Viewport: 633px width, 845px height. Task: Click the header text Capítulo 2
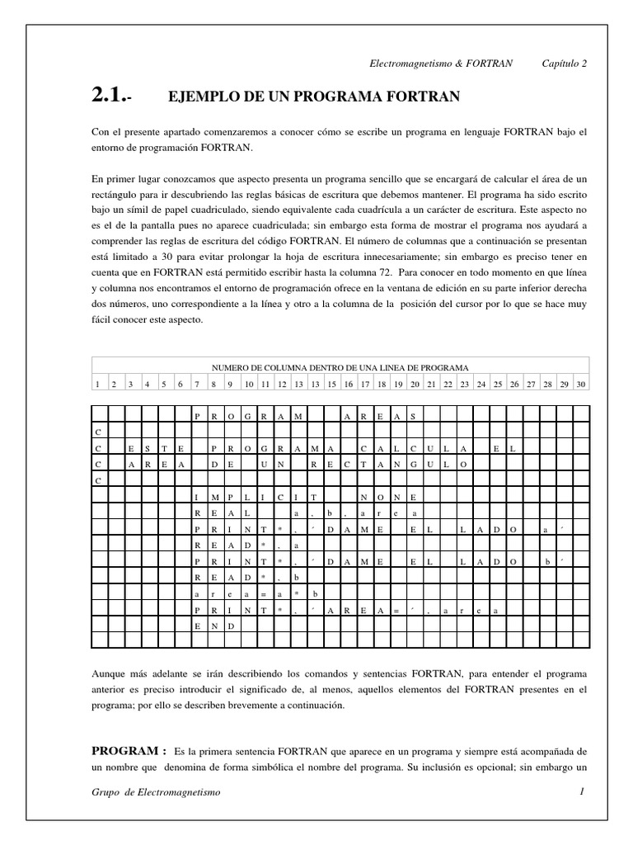point(564,64)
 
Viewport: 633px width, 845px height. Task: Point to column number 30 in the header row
point(581,384)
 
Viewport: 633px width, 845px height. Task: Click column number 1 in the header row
point(98,384)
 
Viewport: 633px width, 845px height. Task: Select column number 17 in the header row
point(363,384)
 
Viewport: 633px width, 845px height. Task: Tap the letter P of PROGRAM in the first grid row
point(197,417)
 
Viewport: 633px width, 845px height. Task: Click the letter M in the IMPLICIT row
point(214,496)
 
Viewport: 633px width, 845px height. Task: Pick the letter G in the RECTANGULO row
point(415,465)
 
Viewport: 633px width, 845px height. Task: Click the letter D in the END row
point(232,625)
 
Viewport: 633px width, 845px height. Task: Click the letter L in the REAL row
point(248,512)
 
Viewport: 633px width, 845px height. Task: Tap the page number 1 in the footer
point(581,792)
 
